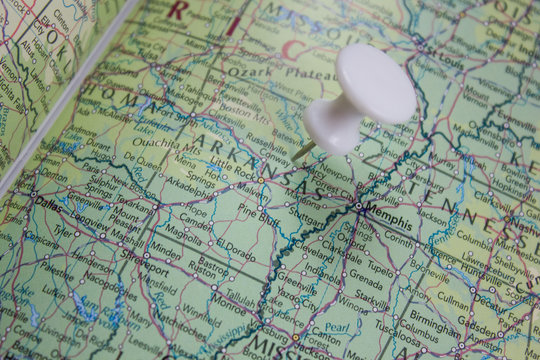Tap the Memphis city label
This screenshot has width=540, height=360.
389,212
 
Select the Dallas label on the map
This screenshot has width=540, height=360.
47,201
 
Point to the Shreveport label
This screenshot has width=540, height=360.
141,268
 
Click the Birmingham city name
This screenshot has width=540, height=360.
434,322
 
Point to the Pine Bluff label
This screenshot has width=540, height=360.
257,211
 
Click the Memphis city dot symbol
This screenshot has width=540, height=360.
358,207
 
